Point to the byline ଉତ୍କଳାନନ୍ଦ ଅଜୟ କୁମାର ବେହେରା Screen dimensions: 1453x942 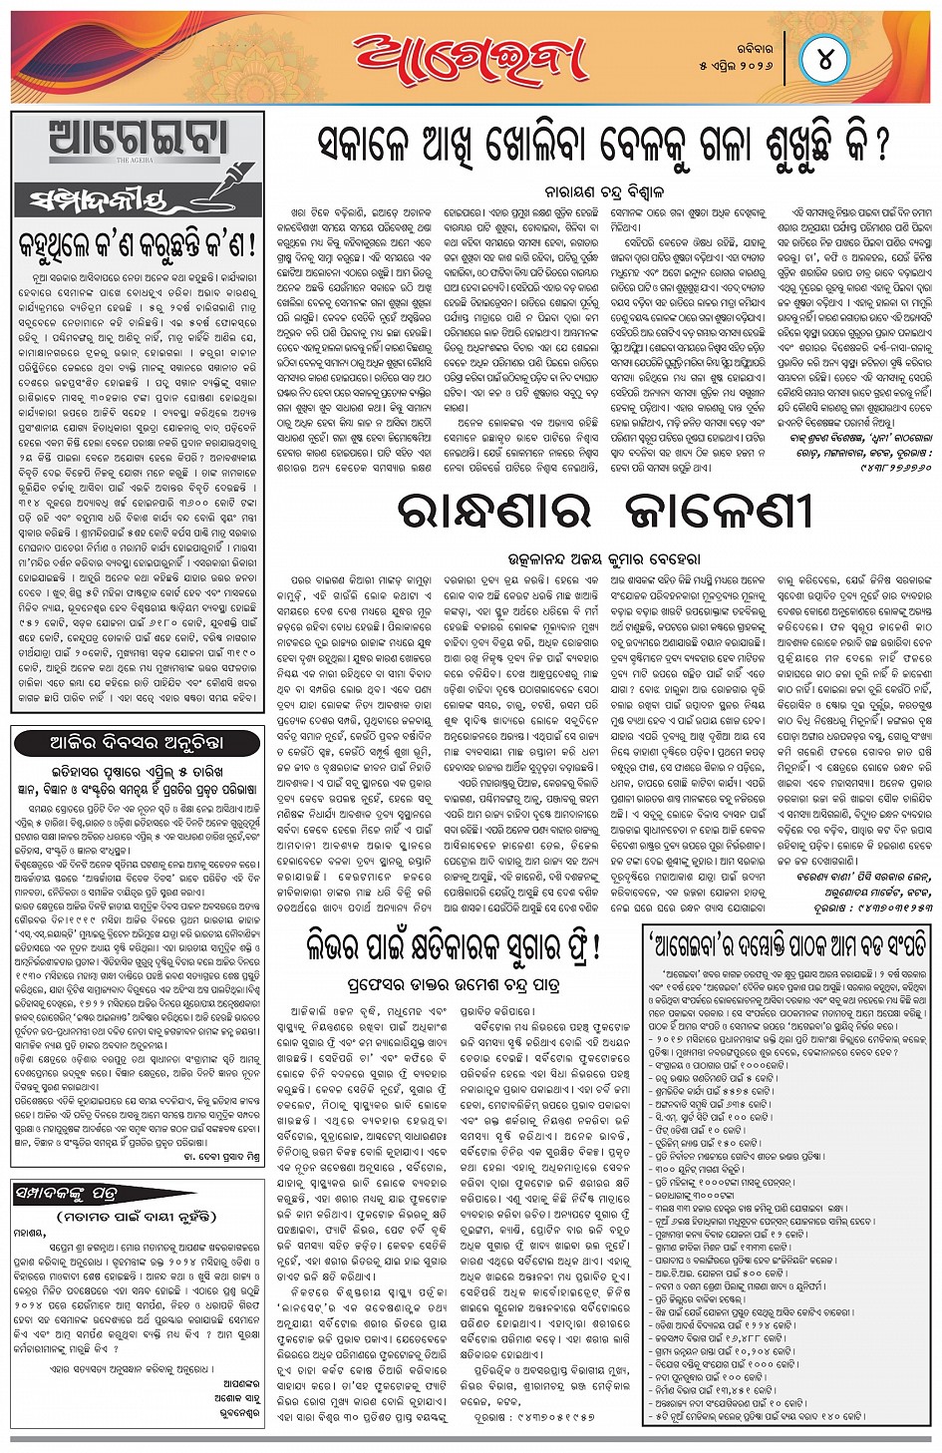tap(604, 558)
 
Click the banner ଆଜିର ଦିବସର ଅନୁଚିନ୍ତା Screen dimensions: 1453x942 tap(136, 743)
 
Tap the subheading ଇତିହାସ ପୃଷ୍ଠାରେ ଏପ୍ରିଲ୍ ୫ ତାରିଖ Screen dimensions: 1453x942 tap(137, 771)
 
